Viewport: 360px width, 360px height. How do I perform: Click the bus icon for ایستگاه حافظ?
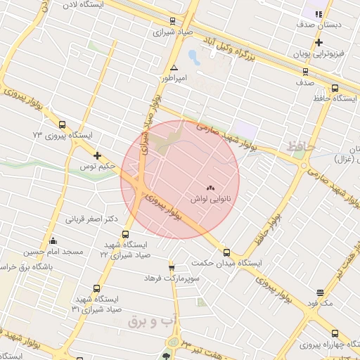pos(335,89)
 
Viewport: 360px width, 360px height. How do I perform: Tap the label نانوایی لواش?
pos(208,200)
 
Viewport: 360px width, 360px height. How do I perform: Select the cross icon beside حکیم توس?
pos(97,155)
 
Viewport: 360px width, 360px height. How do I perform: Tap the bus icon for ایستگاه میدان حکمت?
pos(226,252)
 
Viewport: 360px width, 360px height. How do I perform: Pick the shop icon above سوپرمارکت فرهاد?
pos(172,267)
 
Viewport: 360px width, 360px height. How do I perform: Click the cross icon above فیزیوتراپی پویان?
pos(319,43)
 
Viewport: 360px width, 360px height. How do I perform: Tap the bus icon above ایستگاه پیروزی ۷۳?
pos(63,124)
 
